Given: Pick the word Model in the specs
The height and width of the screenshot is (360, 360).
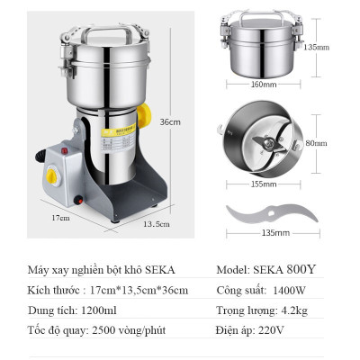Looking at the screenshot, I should coord(234,270).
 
